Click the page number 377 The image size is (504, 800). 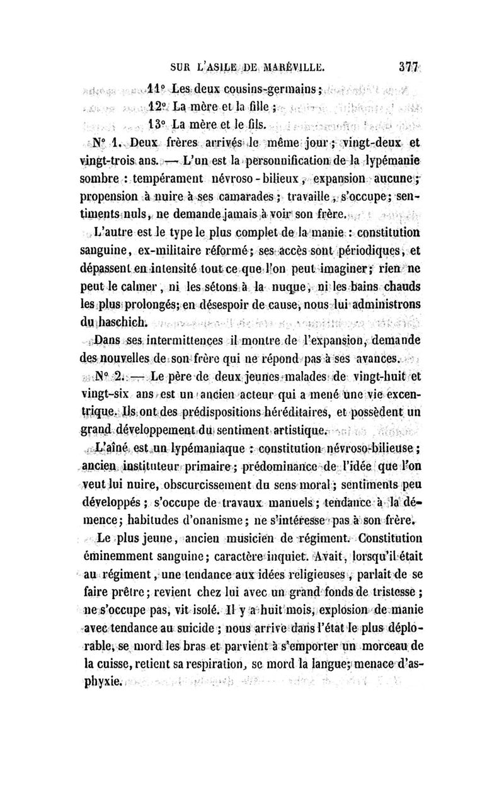[408, 63]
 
